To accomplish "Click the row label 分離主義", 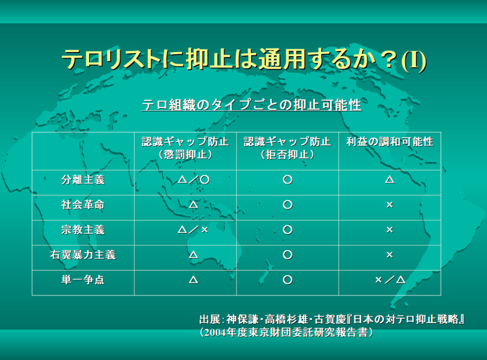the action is tap(83, 180).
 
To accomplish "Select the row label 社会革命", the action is tap(83, 205).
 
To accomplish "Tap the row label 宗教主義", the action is tap(83, 230).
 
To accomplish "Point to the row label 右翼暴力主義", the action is tap(83, 255).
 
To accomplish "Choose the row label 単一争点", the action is tap(83, 280).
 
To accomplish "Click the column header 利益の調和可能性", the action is tap(390, 141).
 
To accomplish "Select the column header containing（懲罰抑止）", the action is tap(185, 148).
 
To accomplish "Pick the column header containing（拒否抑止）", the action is tap(287, 148).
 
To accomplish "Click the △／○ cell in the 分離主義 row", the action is tap(193, 180).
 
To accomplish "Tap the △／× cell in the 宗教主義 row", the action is tap(193, 230).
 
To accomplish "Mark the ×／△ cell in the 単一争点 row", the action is tap(390, 280).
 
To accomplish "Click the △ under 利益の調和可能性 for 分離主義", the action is tap(390, 180).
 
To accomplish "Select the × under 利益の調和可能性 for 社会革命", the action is tap(390, 205).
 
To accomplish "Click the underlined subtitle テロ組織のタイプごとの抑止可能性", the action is tap(251, 105).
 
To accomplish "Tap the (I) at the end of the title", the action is tap(414, 60).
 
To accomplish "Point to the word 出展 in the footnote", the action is tap(210, 320).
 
